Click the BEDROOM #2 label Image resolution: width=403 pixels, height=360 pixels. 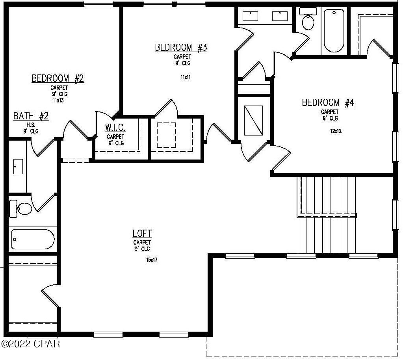[58, 78]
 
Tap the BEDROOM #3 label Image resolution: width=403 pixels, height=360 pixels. [181, 48]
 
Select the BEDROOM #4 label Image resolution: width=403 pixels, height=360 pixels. [328, 103]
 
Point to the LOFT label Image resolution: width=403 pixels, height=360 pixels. [142, 234]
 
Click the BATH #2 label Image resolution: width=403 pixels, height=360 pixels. [31, 116]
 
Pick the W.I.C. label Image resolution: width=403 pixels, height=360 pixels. [115, 128]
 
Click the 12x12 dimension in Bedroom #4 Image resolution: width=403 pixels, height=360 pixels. [336, 131]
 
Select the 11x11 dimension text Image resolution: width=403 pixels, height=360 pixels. [186, 77]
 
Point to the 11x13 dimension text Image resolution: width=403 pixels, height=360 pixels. [58, 100]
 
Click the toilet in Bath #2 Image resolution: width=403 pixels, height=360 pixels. [21, 208]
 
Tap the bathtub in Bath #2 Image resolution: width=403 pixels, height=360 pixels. [32, 239]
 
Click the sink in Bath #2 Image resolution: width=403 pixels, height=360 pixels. [18, 166]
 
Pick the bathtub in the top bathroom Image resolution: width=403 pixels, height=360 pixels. [334, 31]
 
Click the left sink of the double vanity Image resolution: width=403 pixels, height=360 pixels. [250, 16]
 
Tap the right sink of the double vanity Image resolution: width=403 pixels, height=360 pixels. [280, 16]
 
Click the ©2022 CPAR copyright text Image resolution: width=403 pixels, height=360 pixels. [30, 344]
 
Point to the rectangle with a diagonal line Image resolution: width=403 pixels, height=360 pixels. [253, 120]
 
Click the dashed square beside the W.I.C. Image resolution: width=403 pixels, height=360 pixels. [166, 135]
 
